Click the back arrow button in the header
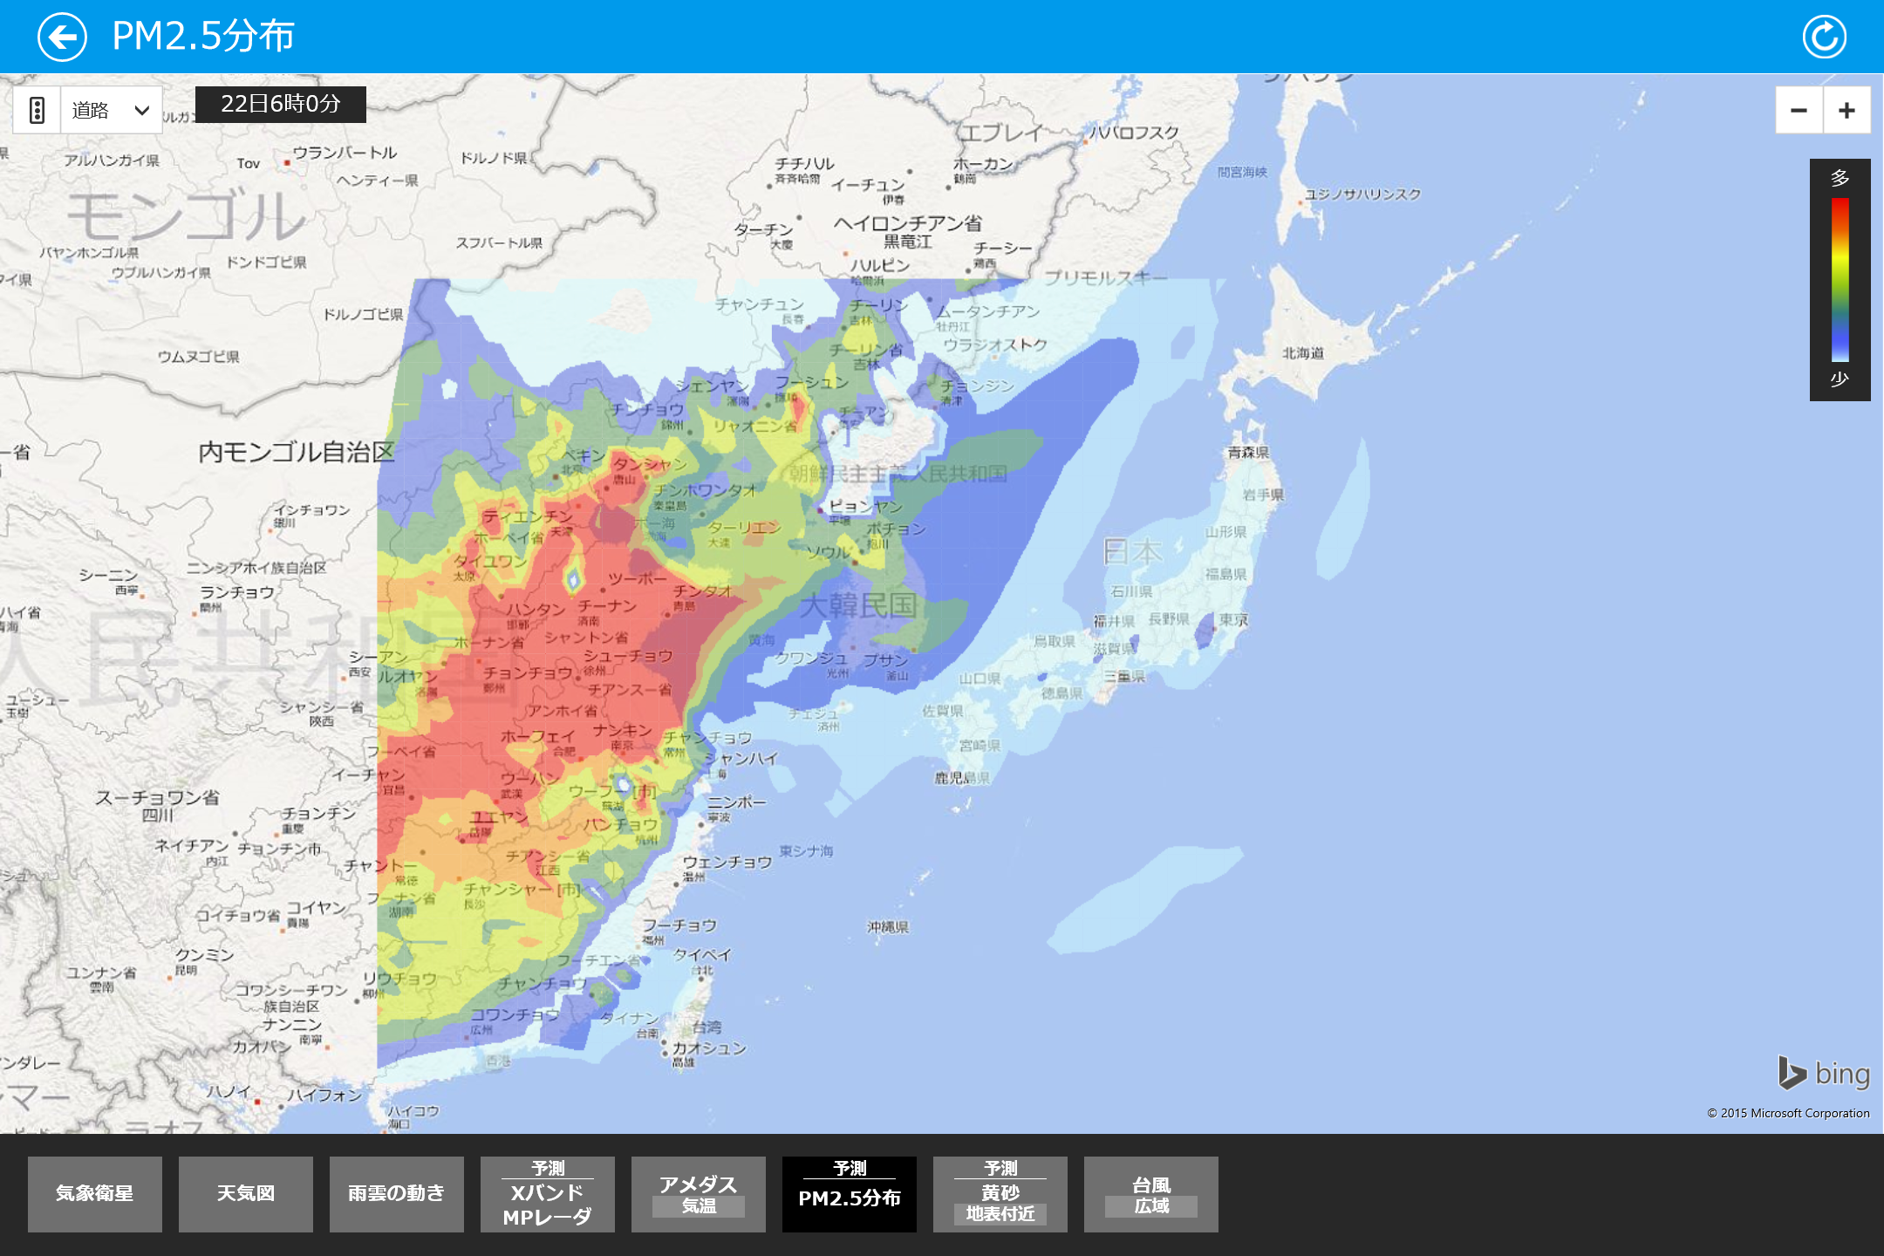(x=62, y=37)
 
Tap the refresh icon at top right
(x=1824, y=37)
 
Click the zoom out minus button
(x=1799, y=110)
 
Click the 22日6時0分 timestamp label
(x=280, y=104)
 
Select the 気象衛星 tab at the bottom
(x=94, y=1193)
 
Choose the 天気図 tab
(x=245, y=1193)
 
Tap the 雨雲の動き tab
(x=396, y=1193)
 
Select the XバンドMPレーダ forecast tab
(x=547, y=1193)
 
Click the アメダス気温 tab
(x=698, y=1193)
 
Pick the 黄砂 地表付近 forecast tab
(x=1000, y=1193)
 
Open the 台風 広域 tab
(x=1150, y=1193)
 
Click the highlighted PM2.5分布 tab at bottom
(x=849, y=1193)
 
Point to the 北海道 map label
(x=1302, y=352)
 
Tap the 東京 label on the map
(x=1233, y=619)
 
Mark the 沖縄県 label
(x=888, y=926)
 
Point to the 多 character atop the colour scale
(x=1840, y=178)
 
